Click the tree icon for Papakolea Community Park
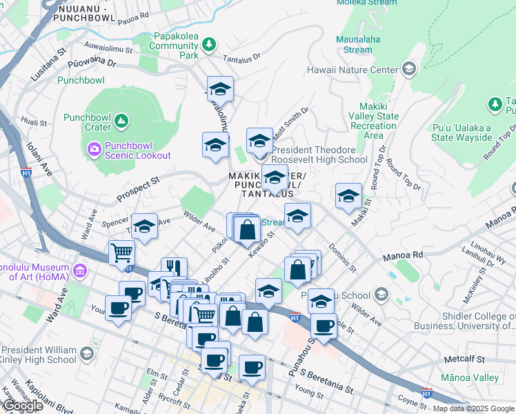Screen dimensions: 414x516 [208, 46]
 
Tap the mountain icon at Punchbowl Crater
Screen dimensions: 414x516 [121, 121]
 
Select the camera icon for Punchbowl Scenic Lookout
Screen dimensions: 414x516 [94, 148]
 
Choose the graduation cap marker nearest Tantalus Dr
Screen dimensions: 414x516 [220, 88]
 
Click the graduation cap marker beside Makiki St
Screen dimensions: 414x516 [348, 196]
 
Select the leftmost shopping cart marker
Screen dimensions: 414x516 [121, 253]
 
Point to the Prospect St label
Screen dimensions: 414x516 [137, 188]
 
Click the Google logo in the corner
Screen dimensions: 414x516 [23, 406]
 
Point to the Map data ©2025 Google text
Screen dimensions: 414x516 [473, 408]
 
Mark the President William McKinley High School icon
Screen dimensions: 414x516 [86, 354]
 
